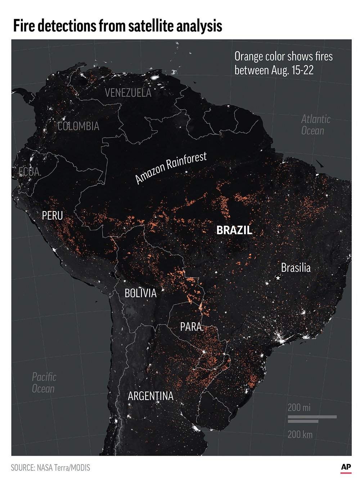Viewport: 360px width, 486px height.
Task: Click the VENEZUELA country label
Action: [x=128, y=93]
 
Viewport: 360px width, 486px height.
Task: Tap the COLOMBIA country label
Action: [x=78, y=126]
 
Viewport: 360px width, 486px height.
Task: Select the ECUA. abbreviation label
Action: [x=30, y=172]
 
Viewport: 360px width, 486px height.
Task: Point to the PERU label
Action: [x=52, y=215]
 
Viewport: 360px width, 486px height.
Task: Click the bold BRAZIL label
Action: [x=234, y=231]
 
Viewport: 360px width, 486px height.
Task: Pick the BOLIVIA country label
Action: [x=140, y=293]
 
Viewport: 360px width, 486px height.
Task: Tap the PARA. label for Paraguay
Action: [x=192, y=327]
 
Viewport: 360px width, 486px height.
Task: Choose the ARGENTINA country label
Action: [x=150, y=396]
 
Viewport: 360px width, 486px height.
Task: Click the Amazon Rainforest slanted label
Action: [x=171, y=167]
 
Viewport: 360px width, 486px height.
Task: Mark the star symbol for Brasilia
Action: [x=278, y=278]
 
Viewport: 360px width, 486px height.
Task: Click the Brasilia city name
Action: [x=296, y=268]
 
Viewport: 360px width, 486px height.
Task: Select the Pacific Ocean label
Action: [x=44, y=383]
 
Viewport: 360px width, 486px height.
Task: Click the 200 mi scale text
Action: [x=299, y=408]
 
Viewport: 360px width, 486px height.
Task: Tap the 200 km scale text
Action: [x=300, y=434]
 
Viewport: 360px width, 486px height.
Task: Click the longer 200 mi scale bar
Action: [x=312, y=417]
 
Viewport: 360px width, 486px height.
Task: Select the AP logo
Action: [x=346, y=467]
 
